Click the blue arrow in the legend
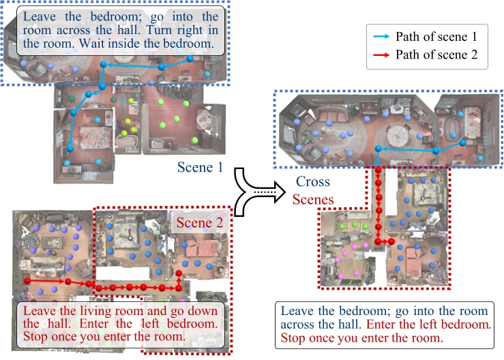pos(381,37)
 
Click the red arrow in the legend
pos(381,55)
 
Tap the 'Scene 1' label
pos(200,167)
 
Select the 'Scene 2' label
pos(200,223)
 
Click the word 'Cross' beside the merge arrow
pos(313,181)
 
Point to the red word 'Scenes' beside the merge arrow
pos(313,200)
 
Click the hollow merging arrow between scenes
pos(260,192)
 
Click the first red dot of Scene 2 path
pos(27,281)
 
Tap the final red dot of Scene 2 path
pos(179,273)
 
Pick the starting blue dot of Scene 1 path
pos(190,59)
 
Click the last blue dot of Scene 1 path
pos(70,149)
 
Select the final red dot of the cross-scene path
pos(391,241)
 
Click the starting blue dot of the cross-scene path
pos(462,143)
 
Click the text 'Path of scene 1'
pos(436,37)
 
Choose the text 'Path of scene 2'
pos(436,55)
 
